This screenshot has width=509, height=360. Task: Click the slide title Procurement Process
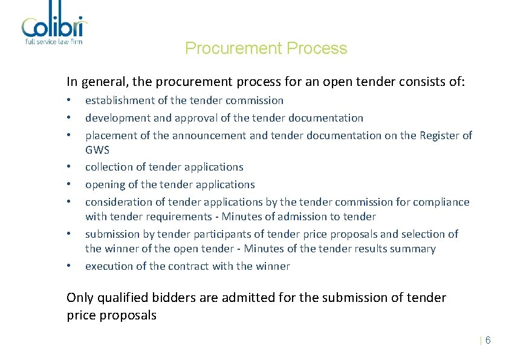(x=266, y=48)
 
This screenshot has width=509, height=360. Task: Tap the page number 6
(x=488, y=341)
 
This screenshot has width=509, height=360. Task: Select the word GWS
(x=97, y=150)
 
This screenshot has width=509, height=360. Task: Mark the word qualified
(x=120, y=298)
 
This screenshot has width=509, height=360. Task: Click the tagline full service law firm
(x=54, y=42)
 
